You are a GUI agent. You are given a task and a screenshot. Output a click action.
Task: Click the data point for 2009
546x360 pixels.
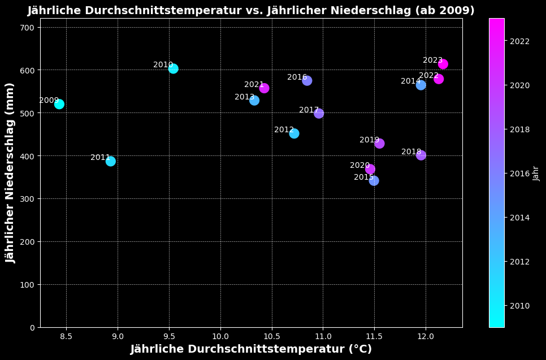59,104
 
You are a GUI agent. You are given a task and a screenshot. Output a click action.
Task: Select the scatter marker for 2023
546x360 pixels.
443,64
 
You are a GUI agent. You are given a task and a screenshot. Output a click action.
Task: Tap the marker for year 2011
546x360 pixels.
110,161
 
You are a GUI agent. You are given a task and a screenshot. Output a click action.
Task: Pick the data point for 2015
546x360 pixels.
374,180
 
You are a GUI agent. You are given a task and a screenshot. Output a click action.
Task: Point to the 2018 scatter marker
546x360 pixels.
421,155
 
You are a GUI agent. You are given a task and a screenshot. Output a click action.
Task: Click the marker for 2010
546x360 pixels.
173,68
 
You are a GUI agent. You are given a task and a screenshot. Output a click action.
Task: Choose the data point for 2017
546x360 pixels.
319,113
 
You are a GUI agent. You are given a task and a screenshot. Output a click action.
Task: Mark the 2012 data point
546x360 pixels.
294,133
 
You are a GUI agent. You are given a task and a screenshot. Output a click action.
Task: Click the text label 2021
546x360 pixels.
254,85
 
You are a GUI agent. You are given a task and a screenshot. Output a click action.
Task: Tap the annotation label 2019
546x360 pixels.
369,140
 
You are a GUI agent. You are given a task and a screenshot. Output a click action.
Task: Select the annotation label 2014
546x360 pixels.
410,81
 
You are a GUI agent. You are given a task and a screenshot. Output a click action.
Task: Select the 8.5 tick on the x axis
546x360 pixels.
66,336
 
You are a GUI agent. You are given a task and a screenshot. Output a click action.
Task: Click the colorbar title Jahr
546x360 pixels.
536,173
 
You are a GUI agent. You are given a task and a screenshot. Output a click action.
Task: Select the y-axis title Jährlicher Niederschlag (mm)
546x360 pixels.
11,172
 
